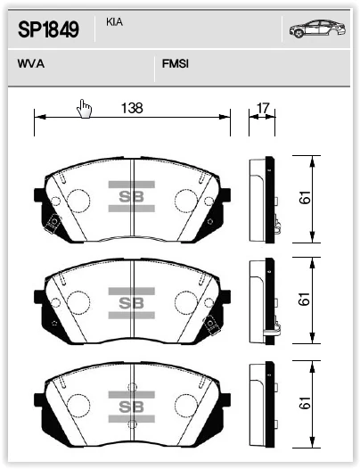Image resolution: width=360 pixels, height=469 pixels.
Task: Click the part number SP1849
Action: coord(48,29)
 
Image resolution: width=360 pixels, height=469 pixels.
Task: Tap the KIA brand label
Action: coord(114,22)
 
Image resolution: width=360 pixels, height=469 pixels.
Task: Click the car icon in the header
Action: coord(317,29)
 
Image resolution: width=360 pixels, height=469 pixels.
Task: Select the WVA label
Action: coord(31,63)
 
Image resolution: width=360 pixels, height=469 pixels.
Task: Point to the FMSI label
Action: coord(176,63)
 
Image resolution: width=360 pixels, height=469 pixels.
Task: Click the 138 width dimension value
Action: coord(132,108)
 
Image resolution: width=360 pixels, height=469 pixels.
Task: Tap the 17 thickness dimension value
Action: coord(263,108)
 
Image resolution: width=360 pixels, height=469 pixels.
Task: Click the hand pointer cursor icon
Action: coord(84,108)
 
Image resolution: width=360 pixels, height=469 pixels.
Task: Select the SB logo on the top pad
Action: coord(132,196)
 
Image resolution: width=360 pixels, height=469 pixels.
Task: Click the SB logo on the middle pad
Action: coord(132,303)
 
